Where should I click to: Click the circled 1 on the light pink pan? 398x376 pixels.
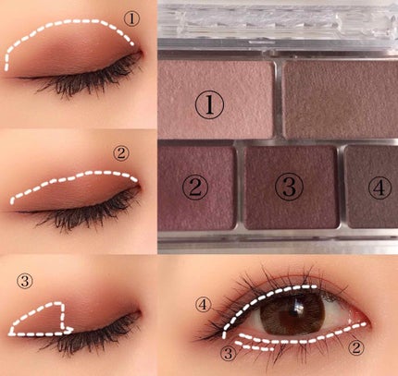[x=209, y=105]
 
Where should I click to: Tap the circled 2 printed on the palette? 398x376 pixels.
[x=195, y=187]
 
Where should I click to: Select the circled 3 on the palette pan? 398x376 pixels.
[x=289, y=187]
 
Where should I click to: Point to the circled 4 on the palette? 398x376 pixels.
[x=379, y=188]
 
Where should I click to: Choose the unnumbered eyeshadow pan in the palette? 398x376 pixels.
[x=341, y=99]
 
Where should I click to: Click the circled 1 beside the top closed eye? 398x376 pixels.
[x=131, y=18]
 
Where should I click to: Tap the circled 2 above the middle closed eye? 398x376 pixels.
[x=121, y=153]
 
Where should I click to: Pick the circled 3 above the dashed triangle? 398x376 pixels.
[x=25, y=281]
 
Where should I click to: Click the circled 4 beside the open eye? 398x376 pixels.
[x=204, y=305]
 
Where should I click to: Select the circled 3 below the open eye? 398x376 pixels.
[x=229, y=354]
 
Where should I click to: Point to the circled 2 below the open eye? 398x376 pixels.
[x=356, y=348]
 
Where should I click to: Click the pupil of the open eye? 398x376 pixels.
[x=292, y=312]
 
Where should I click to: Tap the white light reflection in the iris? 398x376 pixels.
[x=299, y=308]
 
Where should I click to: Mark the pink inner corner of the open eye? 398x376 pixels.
[x=358, y=317]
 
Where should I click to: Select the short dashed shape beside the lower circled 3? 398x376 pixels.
[x=255, y=346]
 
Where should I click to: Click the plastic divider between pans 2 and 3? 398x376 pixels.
[x=240, y=187]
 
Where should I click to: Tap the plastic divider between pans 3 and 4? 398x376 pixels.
[x=341, y=187]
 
